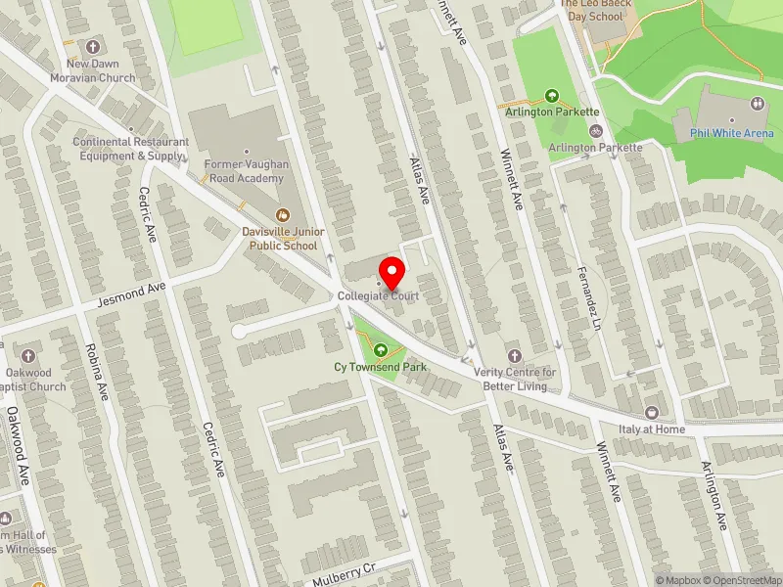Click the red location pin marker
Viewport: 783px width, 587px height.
coord(392,270)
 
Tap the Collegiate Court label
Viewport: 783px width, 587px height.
coord(378,294)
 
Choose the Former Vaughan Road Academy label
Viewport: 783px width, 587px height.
coord(245,172)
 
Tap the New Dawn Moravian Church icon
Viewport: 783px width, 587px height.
coord(94,47)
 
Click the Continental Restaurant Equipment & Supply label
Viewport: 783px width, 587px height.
coord(130,149)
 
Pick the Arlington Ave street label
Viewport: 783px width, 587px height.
coord(716,496)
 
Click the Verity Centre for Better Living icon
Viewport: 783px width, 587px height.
coord(515,354)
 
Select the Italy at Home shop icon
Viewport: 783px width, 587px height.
coord(652,413)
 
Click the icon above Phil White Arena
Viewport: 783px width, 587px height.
coord(758,104)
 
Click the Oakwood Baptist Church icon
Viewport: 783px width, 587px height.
coord(27,355)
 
